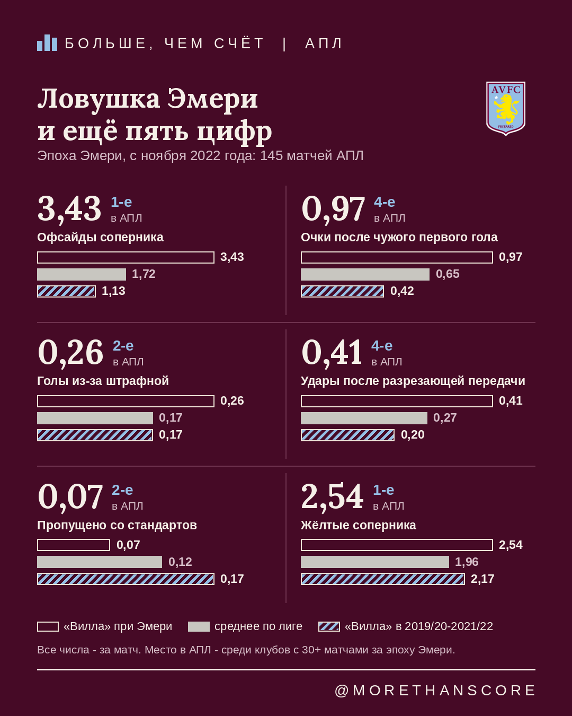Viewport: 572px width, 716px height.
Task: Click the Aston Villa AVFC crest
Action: [x=505, y=109]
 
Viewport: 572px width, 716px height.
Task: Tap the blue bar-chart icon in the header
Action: [x=47, y=43]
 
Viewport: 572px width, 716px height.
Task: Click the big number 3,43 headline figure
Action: [x=69, y=208]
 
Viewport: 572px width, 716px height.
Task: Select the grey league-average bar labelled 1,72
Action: [x=82, y=275]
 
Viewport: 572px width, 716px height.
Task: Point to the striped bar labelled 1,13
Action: [x=67, y=292]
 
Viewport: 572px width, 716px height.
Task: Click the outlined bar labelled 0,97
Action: [x=397, y=258]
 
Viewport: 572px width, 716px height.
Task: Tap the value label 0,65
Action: [x=448, y=274]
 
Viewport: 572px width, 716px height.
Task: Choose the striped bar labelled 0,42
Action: [x=342, y=292]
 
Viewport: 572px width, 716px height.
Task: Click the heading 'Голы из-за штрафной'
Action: [x=103, y=381]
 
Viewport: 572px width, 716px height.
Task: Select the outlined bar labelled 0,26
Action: [x=126, y=401]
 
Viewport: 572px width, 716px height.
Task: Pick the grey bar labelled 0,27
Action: [x=364, y=418]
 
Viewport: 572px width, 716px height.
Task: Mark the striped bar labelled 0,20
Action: [x=347, y=435]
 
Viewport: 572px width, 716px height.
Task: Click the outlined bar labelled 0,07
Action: [x=74, y=545]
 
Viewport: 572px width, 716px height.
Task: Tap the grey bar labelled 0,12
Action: [x=100, y=562]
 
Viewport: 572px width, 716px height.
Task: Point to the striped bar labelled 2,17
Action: [x=383, y=579]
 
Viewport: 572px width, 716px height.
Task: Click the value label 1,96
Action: [x=467, y=562]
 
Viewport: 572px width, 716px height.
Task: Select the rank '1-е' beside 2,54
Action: [x=383, y=490]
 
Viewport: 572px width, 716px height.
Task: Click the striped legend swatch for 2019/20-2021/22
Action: [x=329, y=626]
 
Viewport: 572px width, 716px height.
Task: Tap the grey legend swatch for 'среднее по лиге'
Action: [x=199, y=626]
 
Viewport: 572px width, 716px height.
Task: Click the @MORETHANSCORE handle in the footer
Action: [x=435, y=691]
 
